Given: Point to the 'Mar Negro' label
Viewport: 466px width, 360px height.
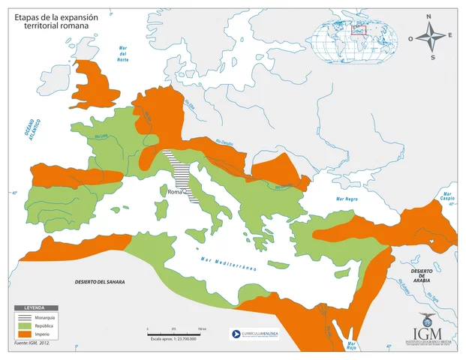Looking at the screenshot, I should point(348,199).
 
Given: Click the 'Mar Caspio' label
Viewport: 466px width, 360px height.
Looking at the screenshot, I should point(448,196).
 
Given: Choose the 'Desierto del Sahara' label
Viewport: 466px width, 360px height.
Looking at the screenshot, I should point(94,281).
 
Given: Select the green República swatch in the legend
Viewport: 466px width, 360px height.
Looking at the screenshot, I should point(26,326).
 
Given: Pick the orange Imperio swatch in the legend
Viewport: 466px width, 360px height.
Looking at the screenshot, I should point(26,334).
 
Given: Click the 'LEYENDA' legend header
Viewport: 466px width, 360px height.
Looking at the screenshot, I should point(35,309).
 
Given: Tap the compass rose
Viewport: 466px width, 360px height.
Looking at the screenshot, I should point(432,36).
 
